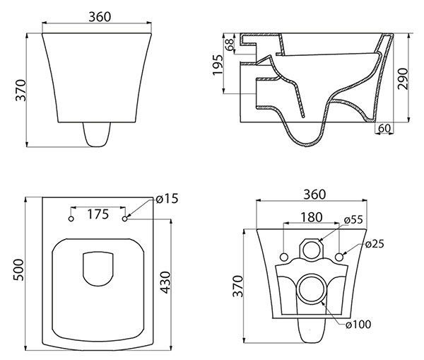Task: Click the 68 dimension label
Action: (229, 45)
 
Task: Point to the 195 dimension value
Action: (218, 69)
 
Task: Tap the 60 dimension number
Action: (384, 127)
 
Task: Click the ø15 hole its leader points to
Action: (125, 219)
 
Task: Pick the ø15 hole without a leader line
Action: (71, 219)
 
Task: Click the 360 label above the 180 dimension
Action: (311, 193)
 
